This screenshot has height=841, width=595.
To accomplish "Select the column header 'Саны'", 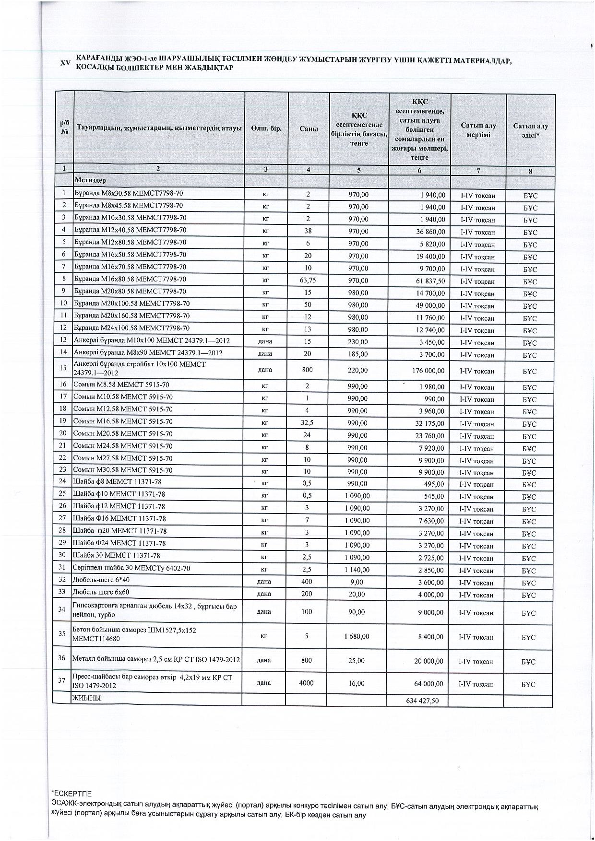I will point(309,129).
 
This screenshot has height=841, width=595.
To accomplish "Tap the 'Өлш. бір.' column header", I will point(266,129).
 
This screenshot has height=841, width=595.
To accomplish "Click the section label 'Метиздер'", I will point(90,180).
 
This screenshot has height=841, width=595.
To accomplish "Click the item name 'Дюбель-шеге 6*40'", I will point(101,580).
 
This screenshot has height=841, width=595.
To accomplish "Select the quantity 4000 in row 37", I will point(306,683).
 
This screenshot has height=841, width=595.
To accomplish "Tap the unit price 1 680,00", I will point(357,636).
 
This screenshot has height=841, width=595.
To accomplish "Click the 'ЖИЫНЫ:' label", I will point(87,699).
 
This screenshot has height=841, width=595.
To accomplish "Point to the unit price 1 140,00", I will point(357,570).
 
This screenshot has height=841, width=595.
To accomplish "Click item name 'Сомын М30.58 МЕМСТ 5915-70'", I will point(122,470).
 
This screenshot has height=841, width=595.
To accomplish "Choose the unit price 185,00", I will point(358,354).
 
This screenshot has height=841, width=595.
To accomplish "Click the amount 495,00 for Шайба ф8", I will point(434,484).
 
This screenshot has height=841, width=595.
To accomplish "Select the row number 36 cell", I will point(61,658).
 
